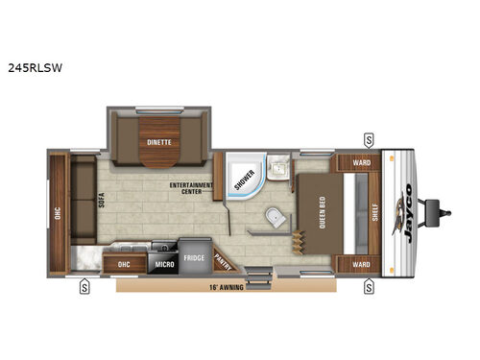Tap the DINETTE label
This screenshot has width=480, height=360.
coord(159,142)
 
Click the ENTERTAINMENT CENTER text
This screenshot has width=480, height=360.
coord(191,187)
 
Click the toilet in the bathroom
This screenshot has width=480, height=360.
coord(276,219)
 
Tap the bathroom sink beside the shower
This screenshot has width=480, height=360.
coord(277,170)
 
